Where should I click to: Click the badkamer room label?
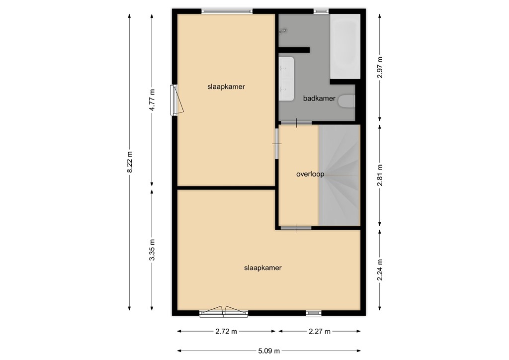pyautogui.click(x=319, y=98)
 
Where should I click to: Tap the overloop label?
pyautogui.click(x=310, y=174)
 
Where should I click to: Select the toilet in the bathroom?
pyautogui.click(x=346, y=101)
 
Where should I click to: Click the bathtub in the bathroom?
pyautogui.click(x=345, y=46)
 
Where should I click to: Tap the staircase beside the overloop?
pyautogui.click(x=339, y=175)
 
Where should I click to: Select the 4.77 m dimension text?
pyautogui.click(x=153, y=101)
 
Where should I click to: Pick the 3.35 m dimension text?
pyautogui.click(x=153, y=250)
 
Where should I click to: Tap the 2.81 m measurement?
pyautogui.click(x=380, y=175)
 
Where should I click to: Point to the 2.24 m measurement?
pyautogui.click(x=380, y=270)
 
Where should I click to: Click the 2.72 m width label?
pyautogui.click(x=227, y=331)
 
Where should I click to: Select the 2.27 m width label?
pyautogui.click(x=319, y=331)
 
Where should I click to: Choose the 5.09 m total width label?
pyautogui.click(x=269, y=351)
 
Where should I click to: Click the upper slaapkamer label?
pyautogui.click(x=226, y=86)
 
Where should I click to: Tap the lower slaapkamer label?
pyautogui.click(x=263, y=268)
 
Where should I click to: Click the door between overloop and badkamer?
pyautogui.click(x=296, y=122)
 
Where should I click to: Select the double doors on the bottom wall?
pyautogui.click(x=223, y=312)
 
